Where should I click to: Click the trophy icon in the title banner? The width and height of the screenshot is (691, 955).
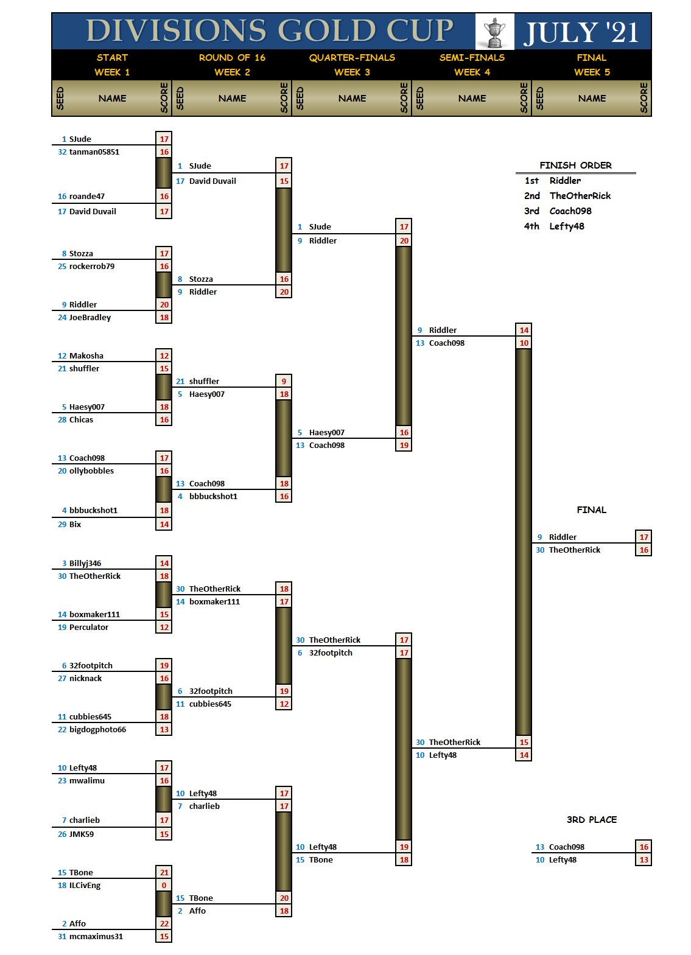(x=494, y=32)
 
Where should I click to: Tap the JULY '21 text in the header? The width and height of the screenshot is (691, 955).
(x=581, y=32)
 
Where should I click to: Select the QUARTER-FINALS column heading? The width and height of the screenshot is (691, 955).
(x=352, y=58)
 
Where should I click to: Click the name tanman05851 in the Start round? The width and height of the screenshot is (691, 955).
(x=94, y=152)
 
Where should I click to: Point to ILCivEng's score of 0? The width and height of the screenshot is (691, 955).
(x=164, y=886)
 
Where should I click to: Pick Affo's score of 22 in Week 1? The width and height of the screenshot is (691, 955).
(x=164, y=924)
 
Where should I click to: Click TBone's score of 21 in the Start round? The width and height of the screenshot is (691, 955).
(x=164, y=873)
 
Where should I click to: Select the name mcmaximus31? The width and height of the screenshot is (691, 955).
(x=96, y=937)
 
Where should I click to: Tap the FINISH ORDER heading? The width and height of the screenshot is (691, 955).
(x=575, y=166)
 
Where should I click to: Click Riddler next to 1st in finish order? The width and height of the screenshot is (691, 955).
(x=565, y=181)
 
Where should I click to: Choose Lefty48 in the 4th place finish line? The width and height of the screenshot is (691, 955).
(x=567, y=226)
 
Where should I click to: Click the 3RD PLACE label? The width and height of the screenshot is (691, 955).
(x=592, y=820)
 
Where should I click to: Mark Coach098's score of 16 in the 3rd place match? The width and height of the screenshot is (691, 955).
(x=644, y=847)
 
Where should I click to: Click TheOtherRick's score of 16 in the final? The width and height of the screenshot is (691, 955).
(x=644, y=550)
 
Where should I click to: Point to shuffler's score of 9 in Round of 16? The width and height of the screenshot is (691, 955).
(x=284, y=382)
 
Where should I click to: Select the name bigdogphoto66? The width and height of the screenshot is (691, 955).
(x=97, y=730)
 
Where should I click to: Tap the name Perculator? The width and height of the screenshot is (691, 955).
(x=89, y=628)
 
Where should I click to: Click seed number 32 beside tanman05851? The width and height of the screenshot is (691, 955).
(x=62, y=152)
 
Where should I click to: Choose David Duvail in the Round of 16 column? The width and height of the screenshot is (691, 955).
(x=212, y=181)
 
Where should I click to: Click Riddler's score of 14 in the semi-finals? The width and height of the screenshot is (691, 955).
(x=524, y=331)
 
